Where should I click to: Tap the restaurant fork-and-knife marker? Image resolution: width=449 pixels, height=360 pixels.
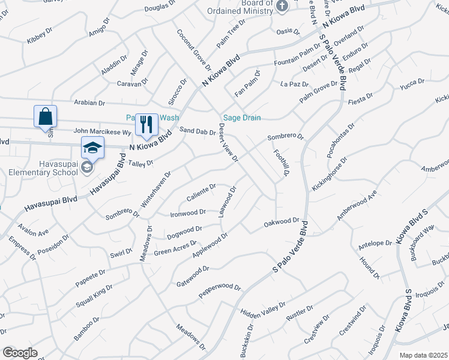tap(146, 124)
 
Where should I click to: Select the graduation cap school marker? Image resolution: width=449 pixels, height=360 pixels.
tap(92, 148)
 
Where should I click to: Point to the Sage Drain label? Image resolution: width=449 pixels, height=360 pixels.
tap(242, 118)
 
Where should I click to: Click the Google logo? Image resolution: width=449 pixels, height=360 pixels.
tap(20, 352)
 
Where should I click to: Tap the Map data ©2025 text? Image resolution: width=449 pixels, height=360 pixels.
tap(423, 355)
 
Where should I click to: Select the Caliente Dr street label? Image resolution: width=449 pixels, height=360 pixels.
tap(201, 190)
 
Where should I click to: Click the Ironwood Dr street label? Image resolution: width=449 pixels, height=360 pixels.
tap(188, 212)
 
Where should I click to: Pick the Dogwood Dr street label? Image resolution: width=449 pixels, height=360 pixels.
tap(184, 230)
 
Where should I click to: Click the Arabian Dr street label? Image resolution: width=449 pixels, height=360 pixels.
tap(89, 103)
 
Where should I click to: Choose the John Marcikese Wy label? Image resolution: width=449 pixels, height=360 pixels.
tap(102, 131)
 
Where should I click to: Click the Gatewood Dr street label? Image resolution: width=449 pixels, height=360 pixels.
tap(192, 275)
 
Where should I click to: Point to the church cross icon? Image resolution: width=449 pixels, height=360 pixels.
tap(283, 5)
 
